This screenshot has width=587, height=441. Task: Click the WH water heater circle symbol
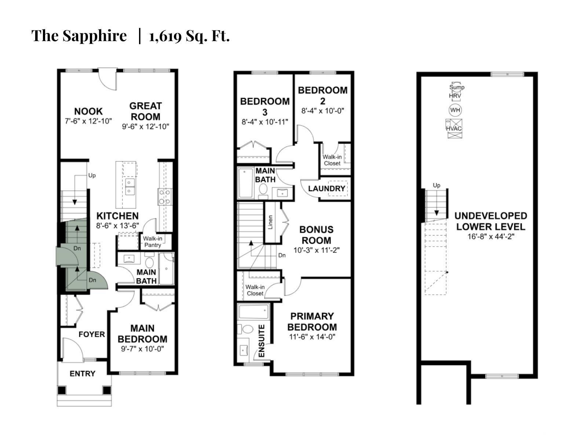click(455, 110)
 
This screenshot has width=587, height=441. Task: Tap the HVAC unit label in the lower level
click(453, 128)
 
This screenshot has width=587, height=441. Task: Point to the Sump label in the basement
click(457, 87)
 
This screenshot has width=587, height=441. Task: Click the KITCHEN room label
click(117, 216)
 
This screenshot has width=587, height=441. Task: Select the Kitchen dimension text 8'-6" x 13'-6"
click(117, 226)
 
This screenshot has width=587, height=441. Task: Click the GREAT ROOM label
click(146, 111)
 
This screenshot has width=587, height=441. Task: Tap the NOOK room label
click(88, 111)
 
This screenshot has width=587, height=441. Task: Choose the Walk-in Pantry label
click(152, 241)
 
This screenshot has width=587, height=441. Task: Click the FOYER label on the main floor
click(92, 334)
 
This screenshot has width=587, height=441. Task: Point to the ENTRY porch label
click(83, 373)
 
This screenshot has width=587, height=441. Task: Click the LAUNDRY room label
click(327, 189)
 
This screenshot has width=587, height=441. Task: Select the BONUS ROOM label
click(316, 235)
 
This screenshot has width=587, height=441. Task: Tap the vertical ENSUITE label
click(262, 341)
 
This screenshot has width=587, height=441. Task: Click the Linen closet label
click(270, 222)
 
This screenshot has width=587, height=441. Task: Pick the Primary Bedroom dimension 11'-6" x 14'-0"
click(312, 337)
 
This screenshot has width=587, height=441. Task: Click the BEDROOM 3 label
click(265, 107)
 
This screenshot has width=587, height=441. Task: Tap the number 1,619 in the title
click(165, 36)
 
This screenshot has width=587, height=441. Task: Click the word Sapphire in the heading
click(95, 36)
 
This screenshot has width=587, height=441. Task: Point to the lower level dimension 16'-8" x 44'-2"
click(491, 236)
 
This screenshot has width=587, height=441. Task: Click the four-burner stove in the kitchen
click(165, 197)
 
